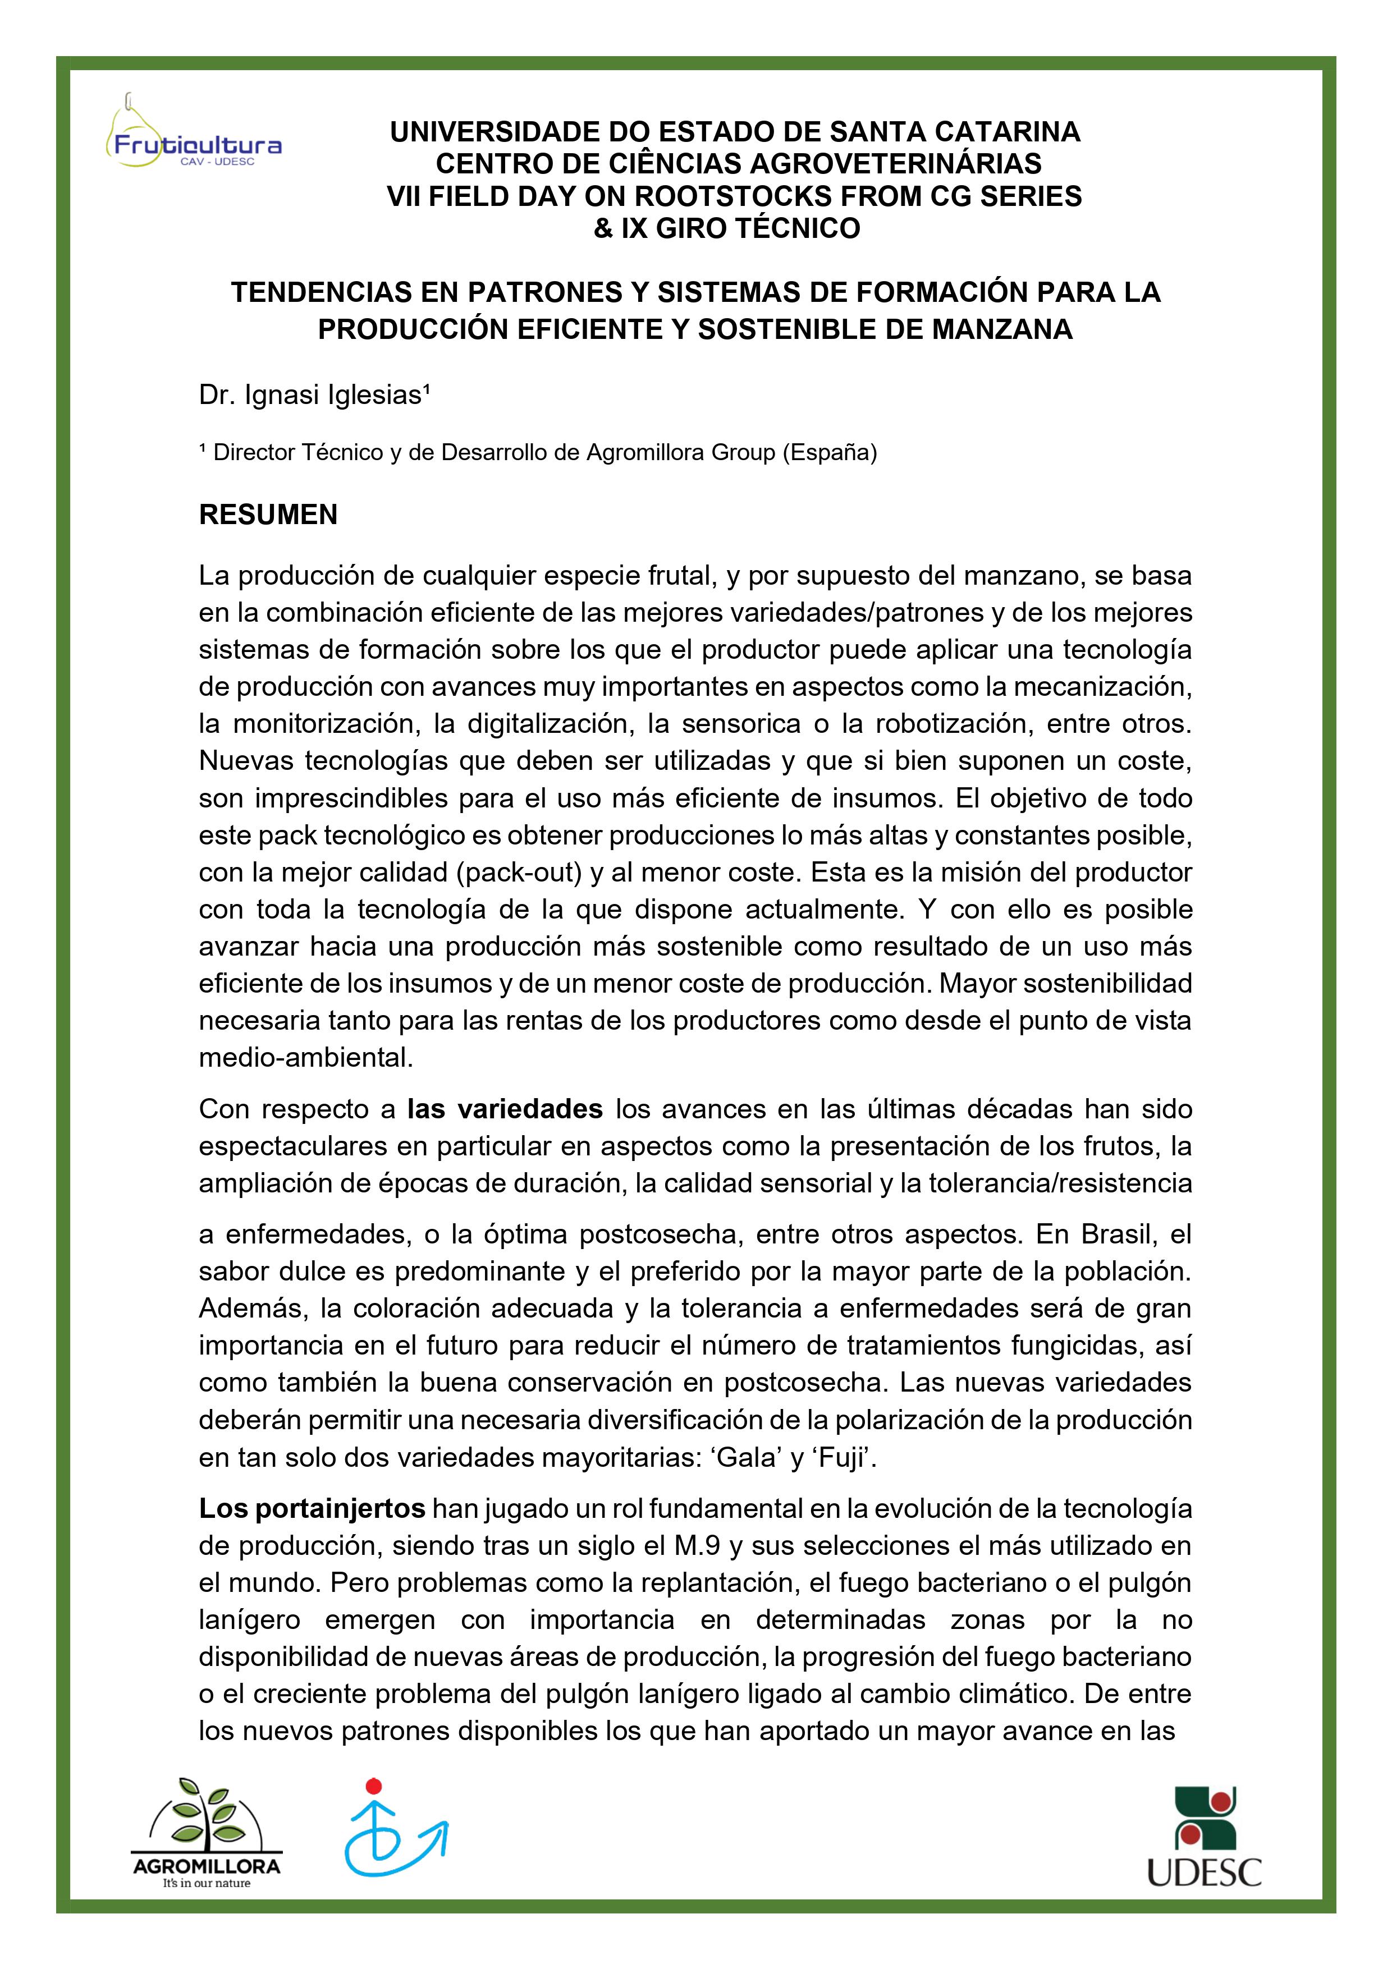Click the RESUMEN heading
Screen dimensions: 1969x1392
[268, 515]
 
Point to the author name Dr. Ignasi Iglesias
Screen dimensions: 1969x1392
[314, 396]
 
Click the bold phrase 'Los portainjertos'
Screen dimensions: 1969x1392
[312, 1508]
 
